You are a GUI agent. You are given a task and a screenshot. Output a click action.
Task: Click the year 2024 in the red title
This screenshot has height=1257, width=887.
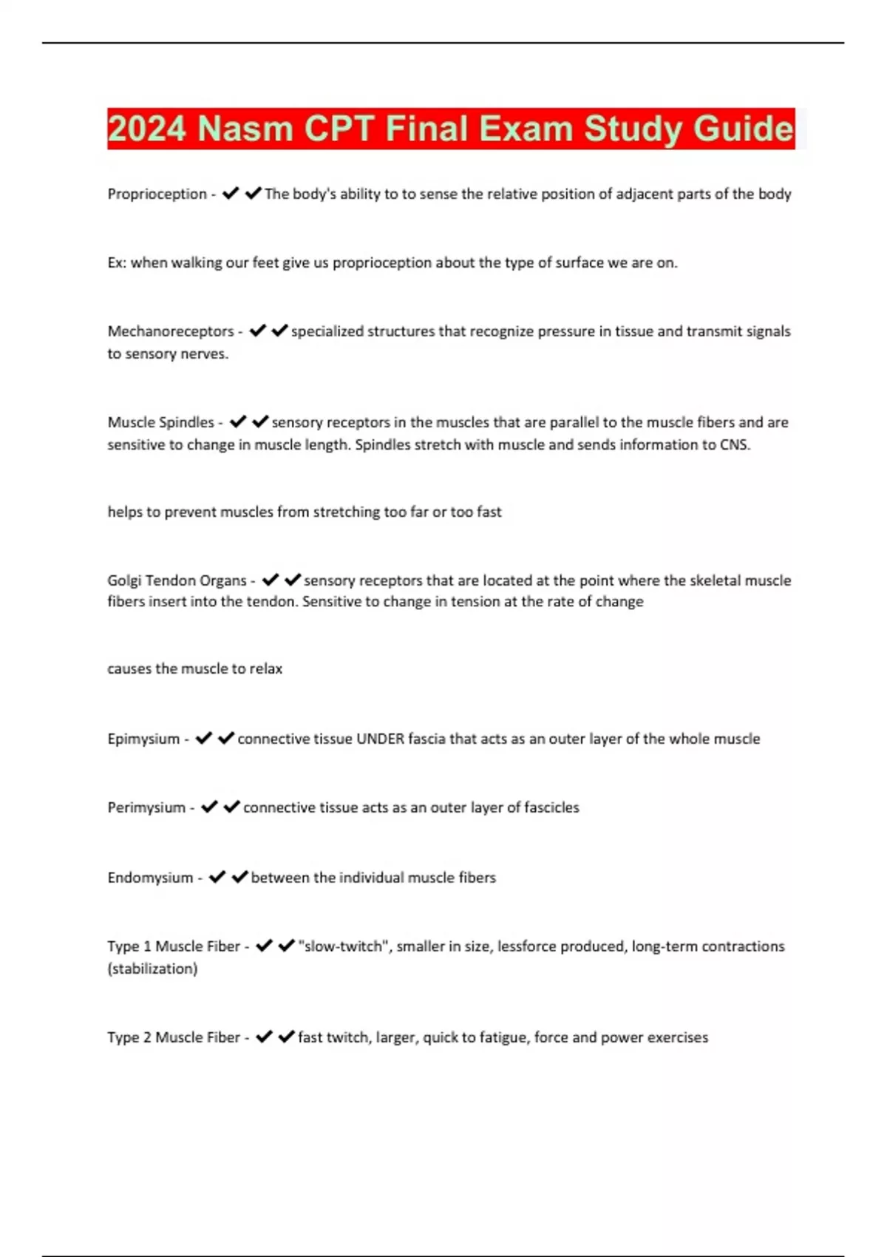pyautogui.click(x=146, y=129)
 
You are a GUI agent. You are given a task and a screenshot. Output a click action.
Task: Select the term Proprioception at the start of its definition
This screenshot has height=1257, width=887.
pyautogui.click(x=157, y=194)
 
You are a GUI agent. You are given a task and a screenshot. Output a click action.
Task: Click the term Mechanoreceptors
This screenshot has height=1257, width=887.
pyautogui.click(x=170, y=331)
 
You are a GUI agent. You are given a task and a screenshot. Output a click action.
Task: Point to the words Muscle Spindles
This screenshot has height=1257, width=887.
pyautogui.click(x=160, y=422)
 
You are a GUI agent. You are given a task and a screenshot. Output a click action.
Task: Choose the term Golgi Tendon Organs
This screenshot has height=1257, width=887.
pyautogui.click(x=177, y=580)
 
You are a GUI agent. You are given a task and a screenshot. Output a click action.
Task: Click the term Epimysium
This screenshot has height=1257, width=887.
pyautogui.click(x=143, y=739)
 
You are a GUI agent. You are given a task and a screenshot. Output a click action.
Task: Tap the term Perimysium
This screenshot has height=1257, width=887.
pyautogui.click(x=146, y=807)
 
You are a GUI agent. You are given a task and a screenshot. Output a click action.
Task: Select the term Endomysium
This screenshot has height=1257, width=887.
pyautogui.click(x=150, y=878)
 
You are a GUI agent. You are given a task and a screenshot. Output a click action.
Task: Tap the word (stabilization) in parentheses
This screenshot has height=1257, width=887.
pyautogui.click(x=152, y=969)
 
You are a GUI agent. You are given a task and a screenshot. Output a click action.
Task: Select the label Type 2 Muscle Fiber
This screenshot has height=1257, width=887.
pyautogui.click(x=174, y=1037)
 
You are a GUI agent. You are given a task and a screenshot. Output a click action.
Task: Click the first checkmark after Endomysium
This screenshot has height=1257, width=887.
pyautogui.click(x=217, y=877)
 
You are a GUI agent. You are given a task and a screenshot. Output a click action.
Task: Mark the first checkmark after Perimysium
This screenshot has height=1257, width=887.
pyautogui.click(x=209, y=807)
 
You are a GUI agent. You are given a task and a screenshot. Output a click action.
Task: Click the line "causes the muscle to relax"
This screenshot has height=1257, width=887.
pyautogui.click(x=194, y=668)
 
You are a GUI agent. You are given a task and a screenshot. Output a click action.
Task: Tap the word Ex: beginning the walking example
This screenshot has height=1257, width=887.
pyautogui.click(x=117, y=262)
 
